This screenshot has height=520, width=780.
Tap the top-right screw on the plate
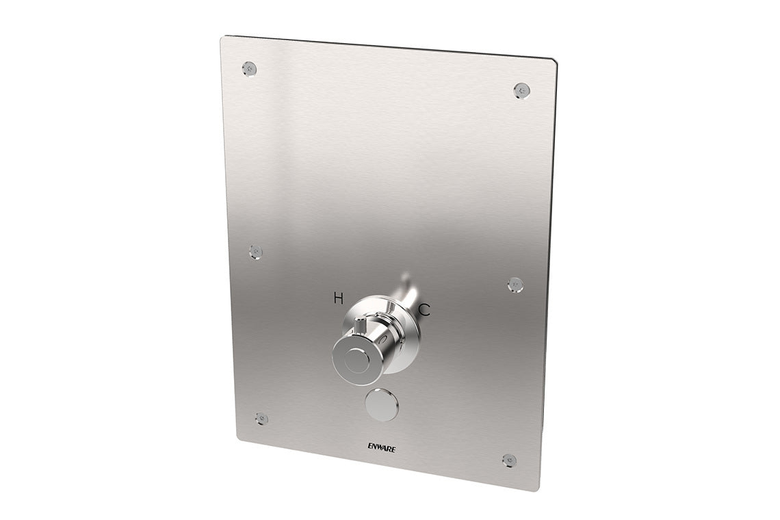522,90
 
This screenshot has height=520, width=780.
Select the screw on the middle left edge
256,251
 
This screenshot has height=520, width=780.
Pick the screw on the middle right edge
515,283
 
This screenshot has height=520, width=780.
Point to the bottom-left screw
261,418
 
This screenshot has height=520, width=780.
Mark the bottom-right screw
508,460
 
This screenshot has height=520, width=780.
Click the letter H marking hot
339,297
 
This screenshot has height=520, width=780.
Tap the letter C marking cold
424,310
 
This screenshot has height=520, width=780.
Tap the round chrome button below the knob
382,406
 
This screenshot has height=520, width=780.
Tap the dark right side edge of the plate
551,274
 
